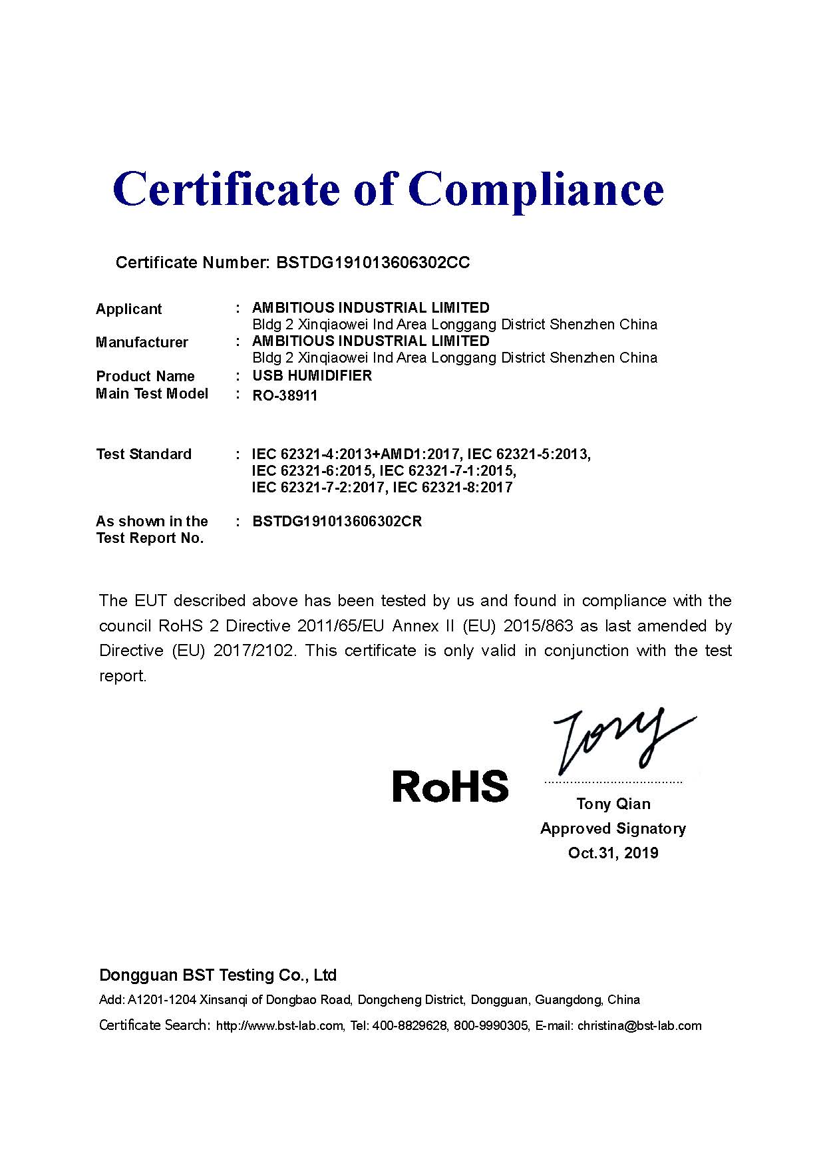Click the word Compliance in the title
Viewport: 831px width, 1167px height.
540,190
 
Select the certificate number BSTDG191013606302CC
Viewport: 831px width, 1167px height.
373,263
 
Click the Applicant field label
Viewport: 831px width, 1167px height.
128,309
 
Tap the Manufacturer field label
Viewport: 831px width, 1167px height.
142,342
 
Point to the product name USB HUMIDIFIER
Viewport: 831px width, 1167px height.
312,376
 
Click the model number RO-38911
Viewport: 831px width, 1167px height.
285,396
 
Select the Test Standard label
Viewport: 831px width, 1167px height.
144,454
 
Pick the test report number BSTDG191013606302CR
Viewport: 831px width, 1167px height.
337,521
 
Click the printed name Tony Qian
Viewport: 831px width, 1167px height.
613,804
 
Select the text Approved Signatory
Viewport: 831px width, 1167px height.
613,828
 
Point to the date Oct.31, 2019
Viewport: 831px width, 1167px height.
613,853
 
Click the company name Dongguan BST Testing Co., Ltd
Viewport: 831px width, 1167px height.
218,975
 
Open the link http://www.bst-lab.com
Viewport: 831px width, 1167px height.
279,1025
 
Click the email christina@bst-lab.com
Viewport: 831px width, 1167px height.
639,1025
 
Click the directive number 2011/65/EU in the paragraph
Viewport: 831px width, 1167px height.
341,626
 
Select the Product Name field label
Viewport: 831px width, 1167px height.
145,376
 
